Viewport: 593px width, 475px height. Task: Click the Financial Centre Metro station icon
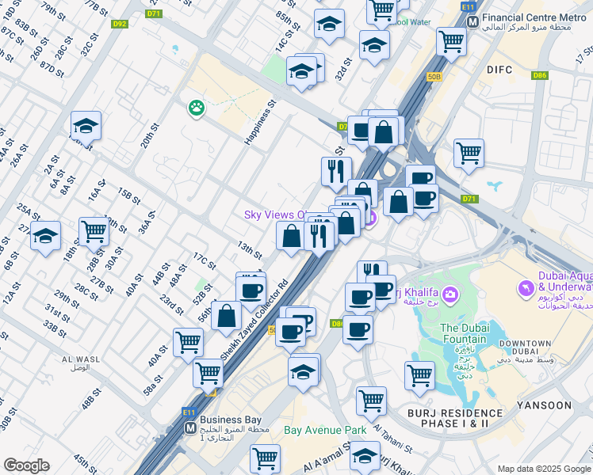point(472,21)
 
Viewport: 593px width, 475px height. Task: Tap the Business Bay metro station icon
point(190,427)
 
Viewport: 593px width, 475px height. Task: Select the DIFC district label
point(499,70)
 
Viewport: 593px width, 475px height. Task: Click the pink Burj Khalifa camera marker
point(450,295)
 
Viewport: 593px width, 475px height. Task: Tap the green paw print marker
point(194,108)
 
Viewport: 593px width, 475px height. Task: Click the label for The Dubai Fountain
point(465,333)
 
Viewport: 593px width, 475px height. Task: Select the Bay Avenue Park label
point(325,430)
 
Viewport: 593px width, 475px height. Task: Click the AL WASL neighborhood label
point(80,363)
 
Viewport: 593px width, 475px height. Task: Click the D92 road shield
point(119,25)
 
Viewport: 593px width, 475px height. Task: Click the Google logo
point(26,465)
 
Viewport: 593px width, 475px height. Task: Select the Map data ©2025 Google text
point(544,469)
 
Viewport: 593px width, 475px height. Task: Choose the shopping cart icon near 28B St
point(94,231)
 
